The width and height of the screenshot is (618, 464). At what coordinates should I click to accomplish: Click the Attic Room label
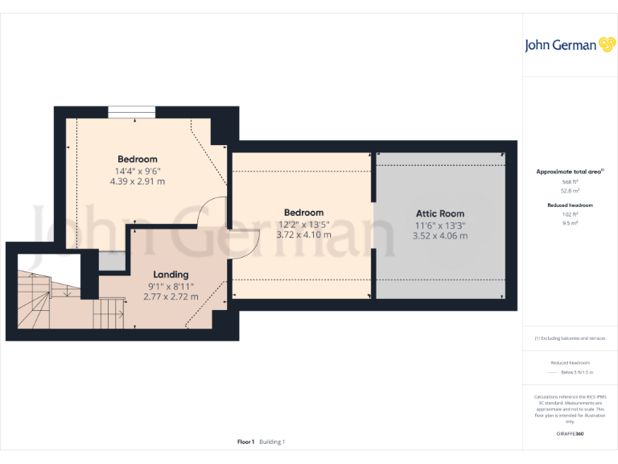pos(439,213)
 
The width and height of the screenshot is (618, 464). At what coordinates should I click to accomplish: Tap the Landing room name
pos(171,275)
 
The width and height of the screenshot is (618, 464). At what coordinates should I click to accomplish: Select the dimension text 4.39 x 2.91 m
pos(138,181)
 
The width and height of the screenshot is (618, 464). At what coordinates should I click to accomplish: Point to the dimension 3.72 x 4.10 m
pos(303,235)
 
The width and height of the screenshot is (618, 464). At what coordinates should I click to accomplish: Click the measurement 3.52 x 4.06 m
pos(439,236)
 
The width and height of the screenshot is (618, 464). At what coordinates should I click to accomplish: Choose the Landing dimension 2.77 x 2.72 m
pos(171,297)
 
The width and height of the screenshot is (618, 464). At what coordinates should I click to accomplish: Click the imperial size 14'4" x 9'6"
pos(138,171)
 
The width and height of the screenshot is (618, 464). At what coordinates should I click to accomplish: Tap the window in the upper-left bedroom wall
pos(132,110)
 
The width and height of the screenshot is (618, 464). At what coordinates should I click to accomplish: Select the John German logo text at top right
pos(560,45)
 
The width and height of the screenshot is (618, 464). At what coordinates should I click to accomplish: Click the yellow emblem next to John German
pos(607,44)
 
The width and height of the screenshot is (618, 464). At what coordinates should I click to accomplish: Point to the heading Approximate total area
pos(570,172)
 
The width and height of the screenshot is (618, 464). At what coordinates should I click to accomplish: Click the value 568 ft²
pos(571,183)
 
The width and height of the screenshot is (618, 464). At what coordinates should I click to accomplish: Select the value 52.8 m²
pos(571,191)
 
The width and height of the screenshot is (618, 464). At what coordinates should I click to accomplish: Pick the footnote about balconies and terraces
pos(570,338)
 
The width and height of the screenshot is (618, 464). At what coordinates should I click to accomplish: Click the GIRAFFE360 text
pos(570,434)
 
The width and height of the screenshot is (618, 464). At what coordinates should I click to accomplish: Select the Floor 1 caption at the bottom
pos(246,441)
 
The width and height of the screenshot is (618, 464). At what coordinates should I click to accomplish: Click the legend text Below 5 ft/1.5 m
pos(576,372)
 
